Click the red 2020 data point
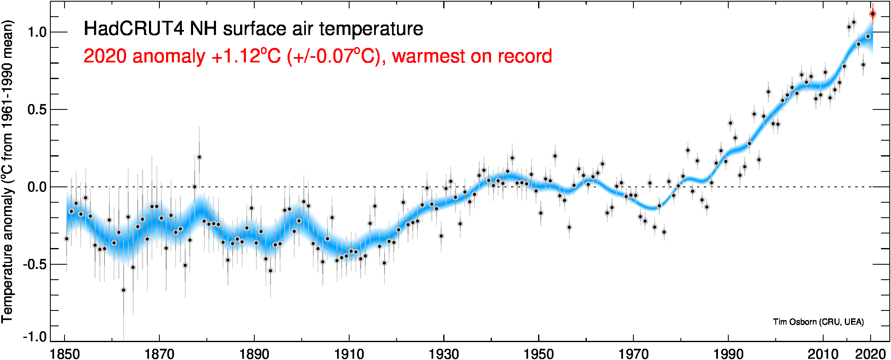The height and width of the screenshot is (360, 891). (x=873, y=14)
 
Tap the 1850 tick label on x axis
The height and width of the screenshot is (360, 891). (x=65, y=354)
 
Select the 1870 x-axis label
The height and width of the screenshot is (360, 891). (x=159, y=354)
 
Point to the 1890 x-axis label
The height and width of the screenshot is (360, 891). (x=254, y=354)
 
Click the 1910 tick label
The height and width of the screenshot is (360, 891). (x=349, y=354)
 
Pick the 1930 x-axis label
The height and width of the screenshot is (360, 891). (x=444, y=354)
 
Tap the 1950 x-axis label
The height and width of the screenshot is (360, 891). (x=539, y=354)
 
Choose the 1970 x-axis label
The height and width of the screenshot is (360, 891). (x=633, y=354)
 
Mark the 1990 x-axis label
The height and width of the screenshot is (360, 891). (x=728, y=354)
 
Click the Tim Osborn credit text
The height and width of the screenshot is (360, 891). (x=818, y=322)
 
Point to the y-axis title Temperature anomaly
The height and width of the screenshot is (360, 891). (x=7, y=254)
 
